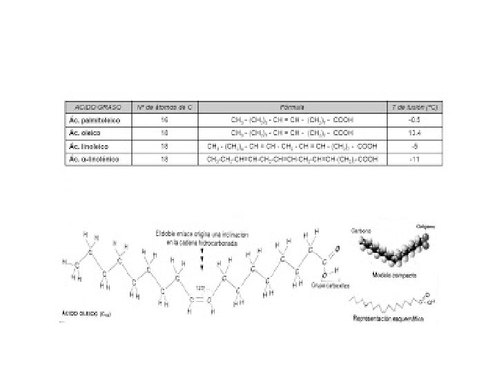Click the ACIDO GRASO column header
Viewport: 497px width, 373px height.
[x=97, y=108]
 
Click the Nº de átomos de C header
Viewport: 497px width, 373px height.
[x=164, y=108]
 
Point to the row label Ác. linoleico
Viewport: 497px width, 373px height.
[x=88, y=146]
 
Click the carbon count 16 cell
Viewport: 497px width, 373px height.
[x=164, y=120]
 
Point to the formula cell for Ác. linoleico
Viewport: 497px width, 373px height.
[x=292, y=146]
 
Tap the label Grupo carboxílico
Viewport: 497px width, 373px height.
[x=330, y=285]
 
